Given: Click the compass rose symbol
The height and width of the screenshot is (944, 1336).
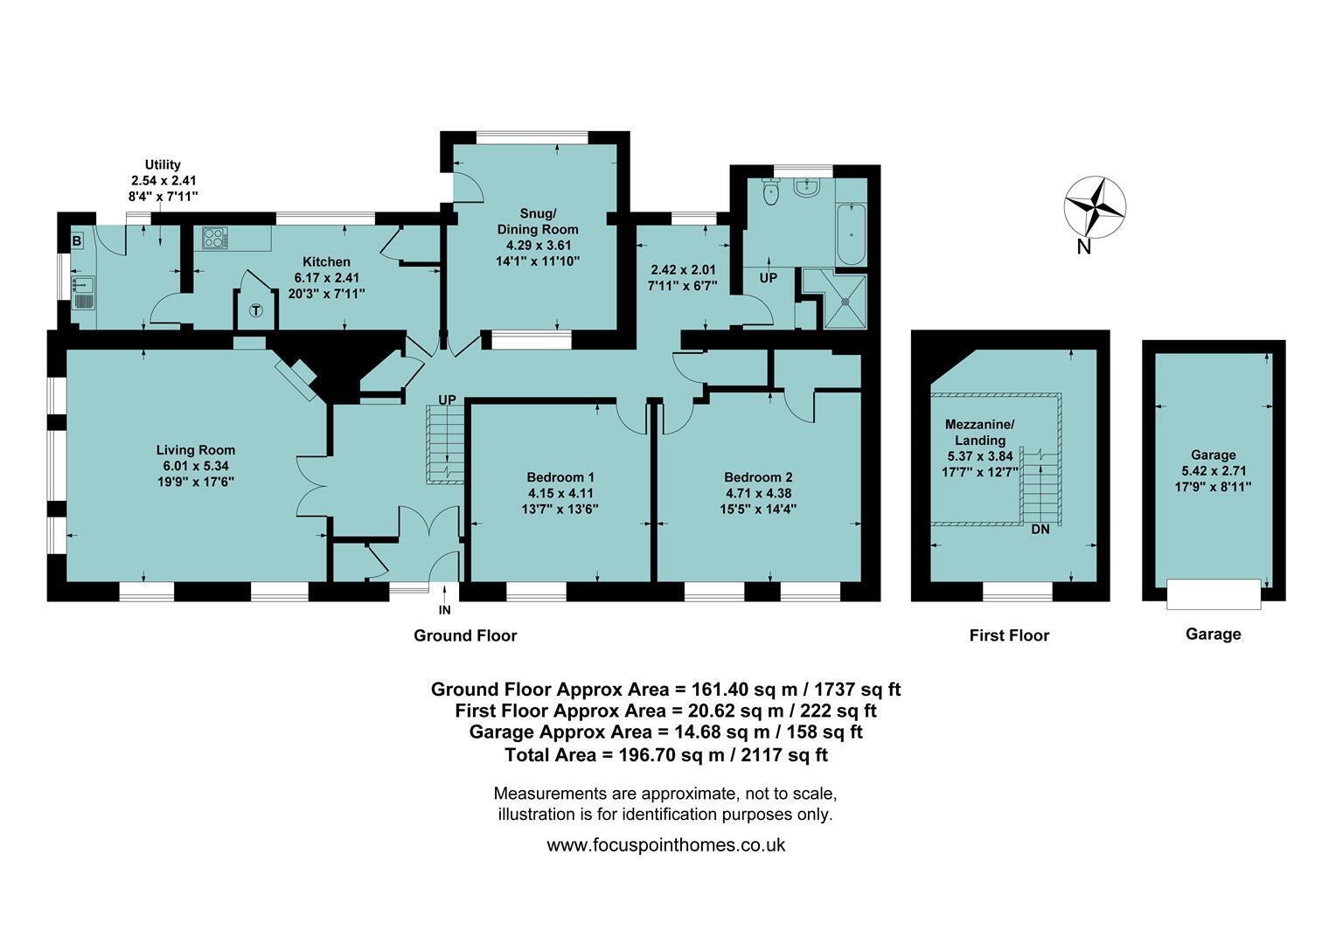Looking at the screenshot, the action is click(1095, 208).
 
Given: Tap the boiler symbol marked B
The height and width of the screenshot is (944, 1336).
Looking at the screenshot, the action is click(77, 241).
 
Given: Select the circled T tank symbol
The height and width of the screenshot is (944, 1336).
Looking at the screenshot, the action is click(256, 310).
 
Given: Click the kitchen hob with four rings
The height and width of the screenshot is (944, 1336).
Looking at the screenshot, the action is click(215, 238).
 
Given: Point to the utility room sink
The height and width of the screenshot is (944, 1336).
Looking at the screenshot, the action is click(83, 294).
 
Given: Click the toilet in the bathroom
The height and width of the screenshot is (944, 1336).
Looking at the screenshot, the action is click(771, 192).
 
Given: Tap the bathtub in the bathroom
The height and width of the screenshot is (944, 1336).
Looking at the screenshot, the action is click(851, 234).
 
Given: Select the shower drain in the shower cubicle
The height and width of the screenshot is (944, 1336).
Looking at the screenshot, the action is click(845, 302).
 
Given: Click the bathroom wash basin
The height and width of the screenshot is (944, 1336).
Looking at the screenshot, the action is click(808, 188).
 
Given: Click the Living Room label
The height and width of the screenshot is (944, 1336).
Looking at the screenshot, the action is click(196, 450).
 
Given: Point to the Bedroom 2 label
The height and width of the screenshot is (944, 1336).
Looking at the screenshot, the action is click(758, 477).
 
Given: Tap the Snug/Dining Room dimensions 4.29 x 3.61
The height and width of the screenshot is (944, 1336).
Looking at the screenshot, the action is click(539, 245).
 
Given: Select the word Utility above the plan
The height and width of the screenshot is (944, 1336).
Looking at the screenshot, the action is click(163, 164).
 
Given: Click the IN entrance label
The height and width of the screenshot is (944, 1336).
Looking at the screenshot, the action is click(444, 610).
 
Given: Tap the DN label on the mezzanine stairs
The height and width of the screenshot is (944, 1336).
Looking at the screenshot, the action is click(1040, 529).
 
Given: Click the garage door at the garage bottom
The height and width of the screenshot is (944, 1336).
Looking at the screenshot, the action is click(1214, 593).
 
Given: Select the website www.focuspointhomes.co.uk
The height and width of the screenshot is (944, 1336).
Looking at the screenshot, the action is click(665, 845).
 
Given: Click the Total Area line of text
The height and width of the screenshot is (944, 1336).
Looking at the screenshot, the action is click(666, 755).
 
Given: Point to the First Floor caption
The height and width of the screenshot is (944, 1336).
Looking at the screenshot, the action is click(1009, 635).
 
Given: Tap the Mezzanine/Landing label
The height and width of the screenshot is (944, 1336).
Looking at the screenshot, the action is click(980, 433).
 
